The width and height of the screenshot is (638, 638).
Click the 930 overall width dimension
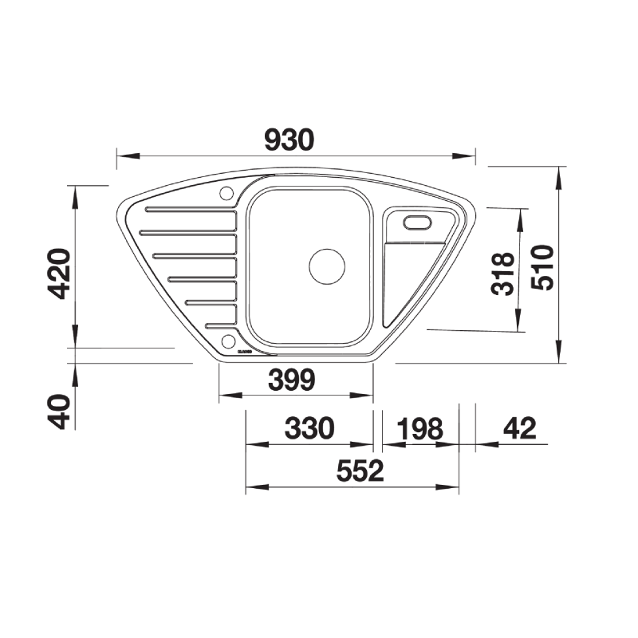pyautogui.click(x=289, y=140)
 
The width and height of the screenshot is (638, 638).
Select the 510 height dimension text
pyautogui.click(x=543, y=267)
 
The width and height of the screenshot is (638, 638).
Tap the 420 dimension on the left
pyautogui.click(x=59, y=274)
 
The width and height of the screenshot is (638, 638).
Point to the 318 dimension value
pyautogui.click(x=502, y=274)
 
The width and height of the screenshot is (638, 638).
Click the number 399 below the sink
pyautogui.click(x=292, y=380)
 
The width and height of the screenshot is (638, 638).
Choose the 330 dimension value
pyautogui.click(x=309, y=428)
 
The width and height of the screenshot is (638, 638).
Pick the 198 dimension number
pyautogui.click(x=420, y=428)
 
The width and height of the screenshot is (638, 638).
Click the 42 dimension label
pyautogui.click(x=520, y=428)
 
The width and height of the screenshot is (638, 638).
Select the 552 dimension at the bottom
pyautogui.click(x=360, y=471)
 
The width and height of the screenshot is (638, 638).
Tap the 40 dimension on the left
pyautogui.click(x=59, y=412)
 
